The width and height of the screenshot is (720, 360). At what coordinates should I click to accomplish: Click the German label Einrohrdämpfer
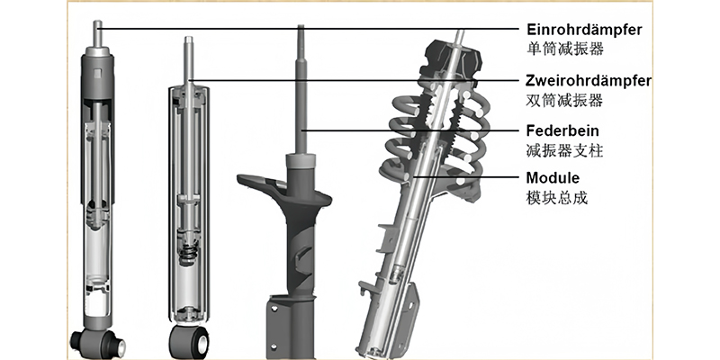click(584, 30)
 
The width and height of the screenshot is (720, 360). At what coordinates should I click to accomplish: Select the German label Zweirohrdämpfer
click(589, 81)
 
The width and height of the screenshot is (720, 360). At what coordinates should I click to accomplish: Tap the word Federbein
click(562, 130)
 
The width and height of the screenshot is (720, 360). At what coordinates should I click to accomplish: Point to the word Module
click(553, 177)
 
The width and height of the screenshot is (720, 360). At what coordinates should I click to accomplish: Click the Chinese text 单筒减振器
click(565, 49)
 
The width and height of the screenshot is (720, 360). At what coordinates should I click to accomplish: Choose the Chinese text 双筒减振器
click(564, 100)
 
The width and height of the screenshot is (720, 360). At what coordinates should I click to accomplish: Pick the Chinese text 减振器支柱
click(564, 150)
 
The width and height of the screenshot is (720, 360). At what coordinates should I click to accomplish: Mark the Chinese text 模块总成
click(556, 198)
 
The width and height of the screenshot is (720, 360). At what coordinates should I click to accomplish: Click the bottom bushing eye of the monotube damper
click(97, 343)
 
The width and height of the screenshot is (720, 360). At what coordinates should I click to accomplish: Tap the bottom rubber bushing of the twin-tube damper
click(189, 342)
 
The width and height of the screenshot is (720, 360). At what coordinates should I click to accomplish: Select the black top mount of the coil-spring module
click(454, 59)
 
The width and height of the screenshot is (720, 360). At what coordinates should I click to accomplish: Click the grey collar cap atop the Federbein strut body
click(301, 162)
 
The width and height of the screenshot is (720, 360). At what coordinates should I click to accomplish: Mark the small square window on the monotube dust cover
click(98, 73)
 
